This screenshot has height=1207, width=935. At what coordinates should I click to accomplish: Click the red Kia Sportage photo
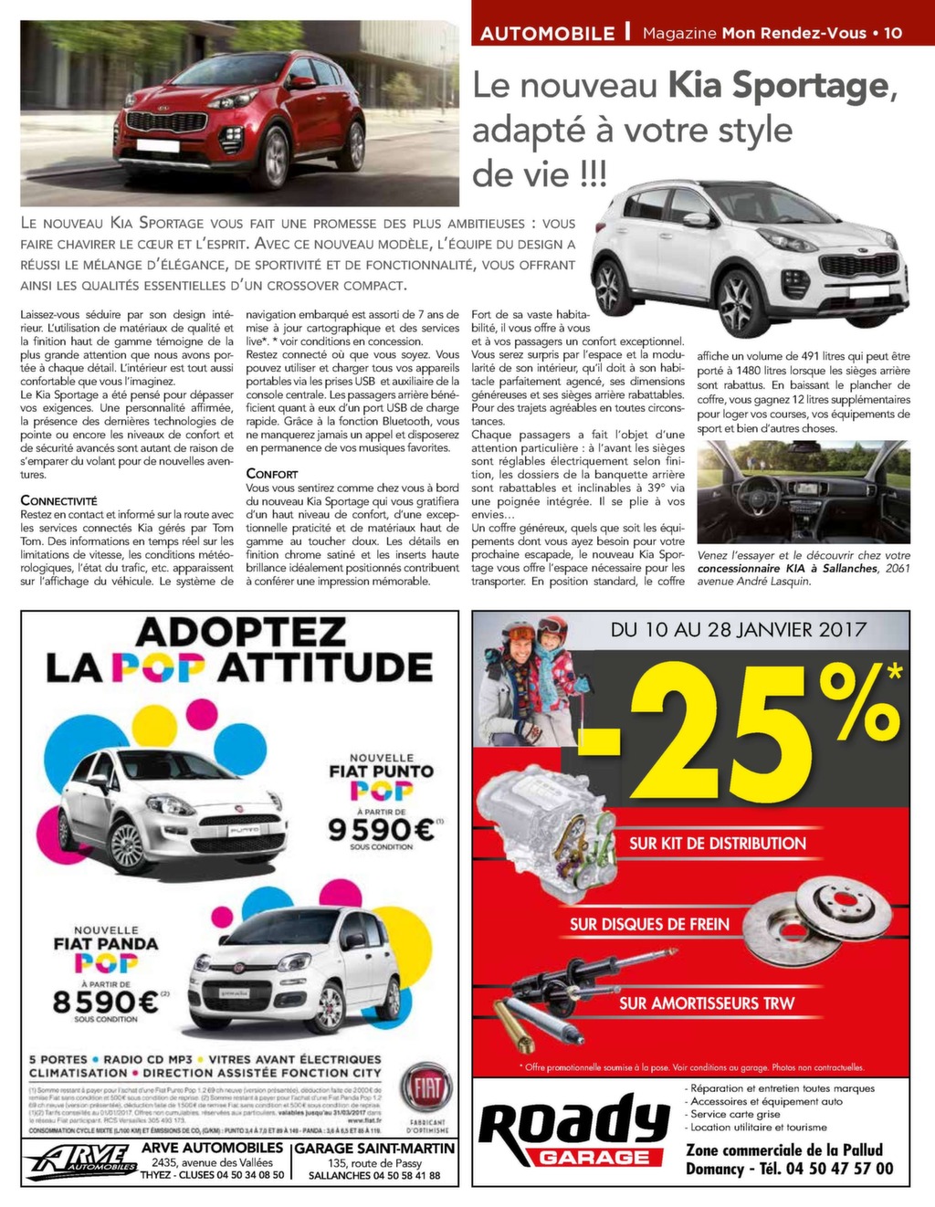(x=239, y=112)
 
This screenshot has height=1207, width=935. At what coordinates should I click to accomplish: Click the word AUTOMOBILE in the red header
(x=547, y=33)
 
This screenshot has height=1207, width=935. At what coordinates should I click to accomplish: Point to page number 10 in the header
(x=892, y=33)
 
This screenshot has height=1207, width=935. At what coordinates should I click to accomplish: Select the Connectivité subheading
(x=58, y=500)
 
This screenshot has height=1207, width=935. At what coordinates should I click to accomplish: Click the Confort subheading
(x=272, y=474)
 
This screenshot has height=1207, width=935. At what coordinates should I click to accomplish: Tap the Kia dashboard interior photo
(x=804, y=491)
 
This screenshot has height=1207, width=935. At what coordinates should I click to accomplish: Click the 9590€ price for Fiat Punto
(x=380, y=830)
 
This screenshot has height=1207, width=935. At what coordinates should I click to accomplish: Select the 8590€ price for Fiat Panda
(x=105, y=1002)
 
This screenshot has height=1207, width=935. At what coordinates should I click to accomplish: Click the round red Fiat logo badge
(x=426, y=1088)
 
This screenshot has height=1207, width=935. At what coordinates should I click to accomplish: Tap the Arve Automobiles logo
(x=81, y=1160)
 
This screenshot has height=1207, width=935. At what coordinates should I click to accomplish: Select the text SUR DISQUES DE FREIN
(x=649, y=924)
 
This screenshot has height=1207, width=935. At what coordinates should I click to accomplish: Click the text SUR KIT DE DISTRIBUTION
(x=718, y=844)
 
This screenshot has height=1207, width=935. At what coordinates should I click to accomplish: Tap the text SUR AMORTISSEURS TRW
(x=707, y=1003)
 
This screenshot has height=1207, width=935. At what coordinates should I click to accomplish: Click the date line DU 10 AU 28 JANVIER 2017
(x=738, y=629)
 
